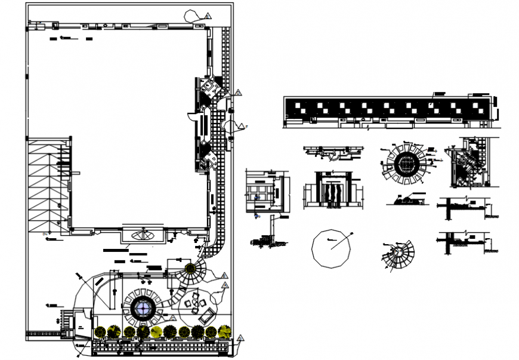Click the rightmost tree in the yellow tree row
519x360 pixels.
[x=225, y=331]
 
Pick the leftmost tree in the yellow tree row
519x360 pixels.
[x=100, y=331]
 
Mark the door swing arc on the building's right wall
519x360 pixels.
[x=191, y=115]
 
